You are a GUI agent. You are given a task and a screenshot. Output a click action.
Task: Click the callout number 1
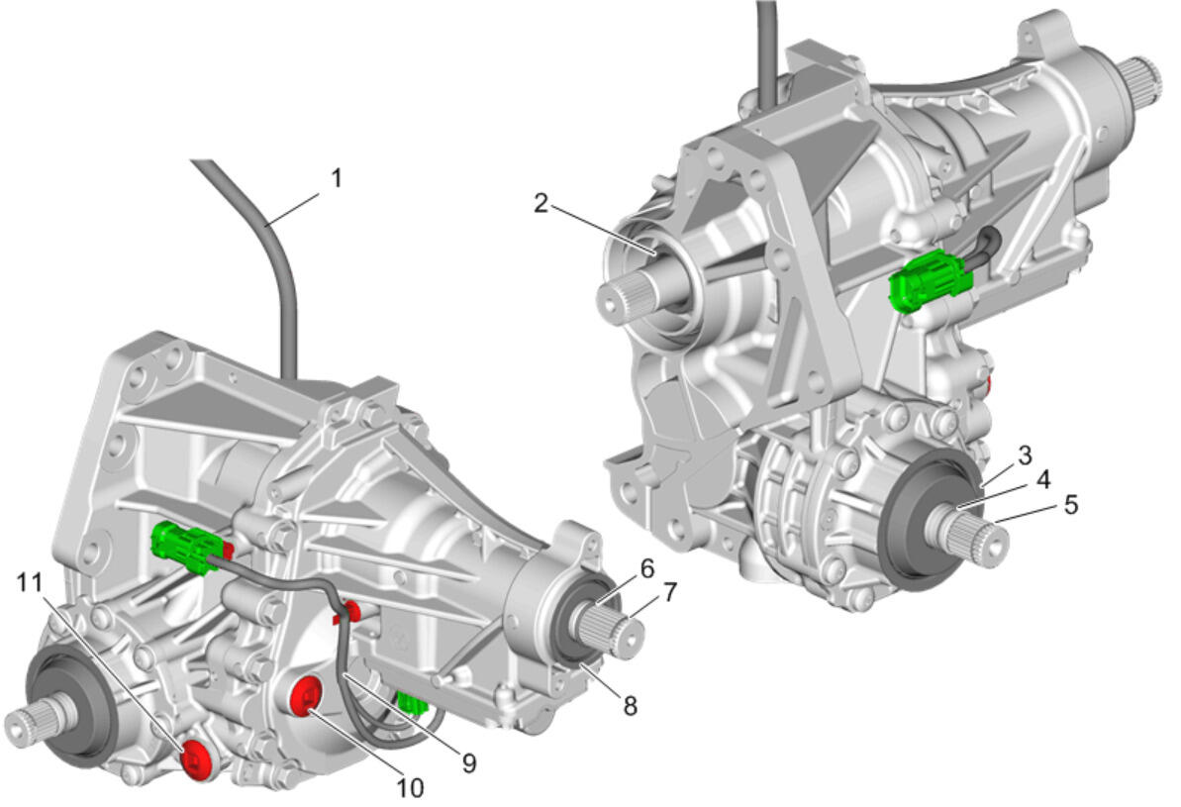(x=337, y=178)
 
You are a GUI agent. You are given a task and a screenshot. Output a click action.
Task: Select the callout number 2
(x=541, y=203)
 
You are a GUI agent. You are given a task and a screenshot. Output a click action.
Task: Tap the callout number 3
(x=1025, y=455)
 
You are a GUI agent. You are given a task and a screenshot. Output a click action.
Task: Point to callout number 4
(x=1043, y=479)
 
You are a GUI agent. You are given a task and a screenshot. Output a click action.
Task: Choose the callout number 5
(x=1070, y=504)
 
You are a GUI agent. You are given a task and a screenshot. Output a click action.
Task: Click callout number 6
(x=647, y=569)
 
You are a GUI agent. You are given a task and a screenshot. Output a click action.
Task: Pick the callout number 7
(x=669, y=592)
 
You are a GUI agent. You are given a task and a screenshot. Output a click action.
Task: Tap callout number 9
(x=468, y=763)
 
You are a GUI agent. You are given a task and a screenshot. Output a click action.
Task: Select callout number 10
(x=410, y=788)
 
